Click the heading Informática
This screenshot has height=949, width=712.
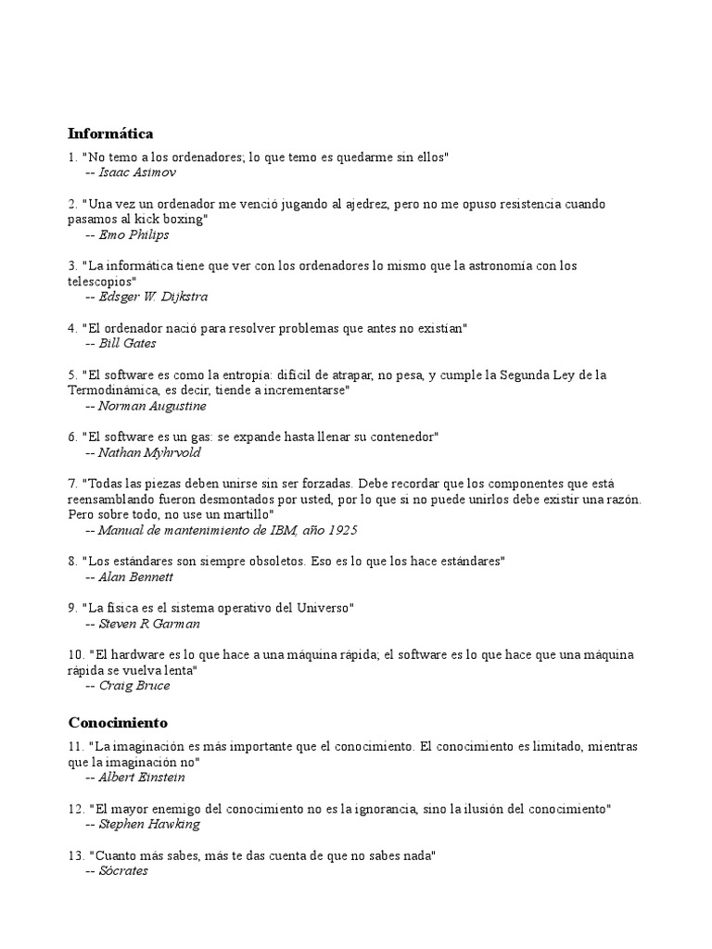point(110,133)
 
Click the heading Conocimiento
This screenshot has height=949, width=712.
point(118,722)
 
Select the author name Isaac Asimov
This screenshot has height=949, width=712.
point(137,172)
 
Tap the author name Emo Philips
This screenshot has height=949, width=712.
point(134,234)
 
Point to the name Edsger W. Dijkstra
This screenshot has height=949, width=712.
point(153,297)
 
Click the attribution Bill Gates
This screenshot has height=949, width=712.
point(128,343)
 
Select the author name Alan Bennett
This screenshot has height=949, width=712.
point(136,576)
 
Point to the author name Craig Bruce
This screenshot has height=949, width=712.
point(134,686)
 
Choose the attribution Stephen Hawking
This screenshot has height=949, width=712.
point(149,824)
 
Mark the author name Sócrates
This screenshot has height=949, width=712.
point(123,871)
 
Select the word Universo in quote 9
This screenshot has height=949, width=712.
point(320,608)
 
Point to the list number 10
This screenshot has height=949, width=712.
point(76,654)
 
